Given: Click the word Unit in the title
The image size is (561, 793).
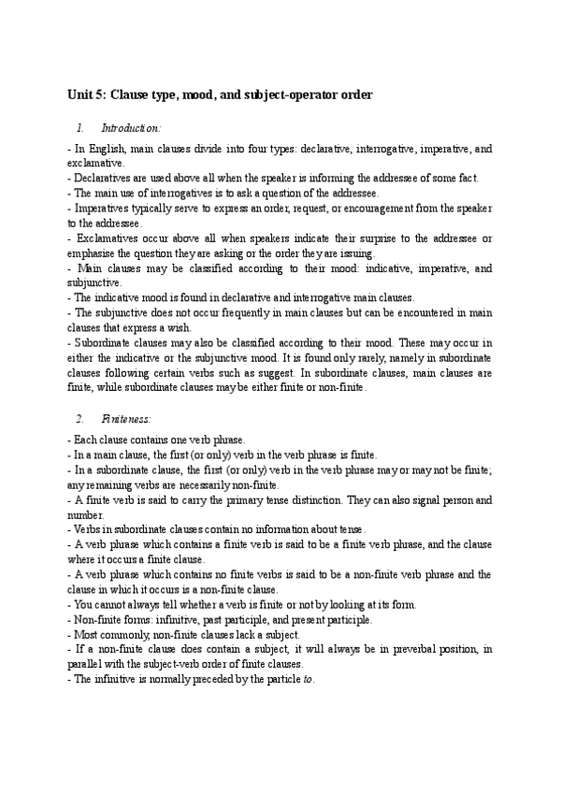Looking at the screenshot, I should click(x=81, y=94).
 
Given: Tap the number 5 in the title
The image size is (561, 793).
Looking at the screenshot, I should click(x=105, y=94).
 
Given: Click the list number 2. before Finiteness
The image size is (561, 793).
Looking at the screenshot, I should click(x=79, y=421).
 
